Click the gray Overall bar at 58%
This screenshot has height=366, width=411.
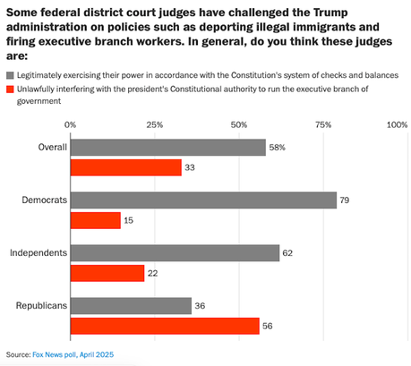[x=167, y=148]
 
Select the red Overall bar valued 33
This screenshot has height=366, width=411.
[x=125, y=167]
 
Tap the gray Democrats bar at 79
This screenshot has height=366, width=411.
[x=203, y=200]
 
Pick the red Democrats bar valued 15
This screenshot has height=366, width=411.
[x=95, y=220]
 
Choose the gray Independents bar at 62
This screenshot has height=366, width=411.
[x=175, y=253]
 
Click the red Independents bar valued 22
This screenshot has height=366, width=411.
[x=107, y=273]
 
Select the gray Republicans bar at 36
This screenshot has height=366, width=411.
[x=131, y=306]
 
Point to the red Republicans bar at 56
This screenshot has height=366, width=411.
[x=165, y=326]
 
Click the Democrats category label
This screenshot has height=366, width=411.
[x=42, y=200]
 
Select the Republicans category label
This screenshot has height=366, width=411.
[x=41, y=306]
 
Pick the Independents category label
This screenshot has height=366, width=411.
[x=39, y=253]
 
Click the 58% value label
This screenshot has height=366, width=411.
[x=279, y=148]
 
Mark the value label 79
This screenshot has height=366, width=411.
[x=347, y=200]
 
